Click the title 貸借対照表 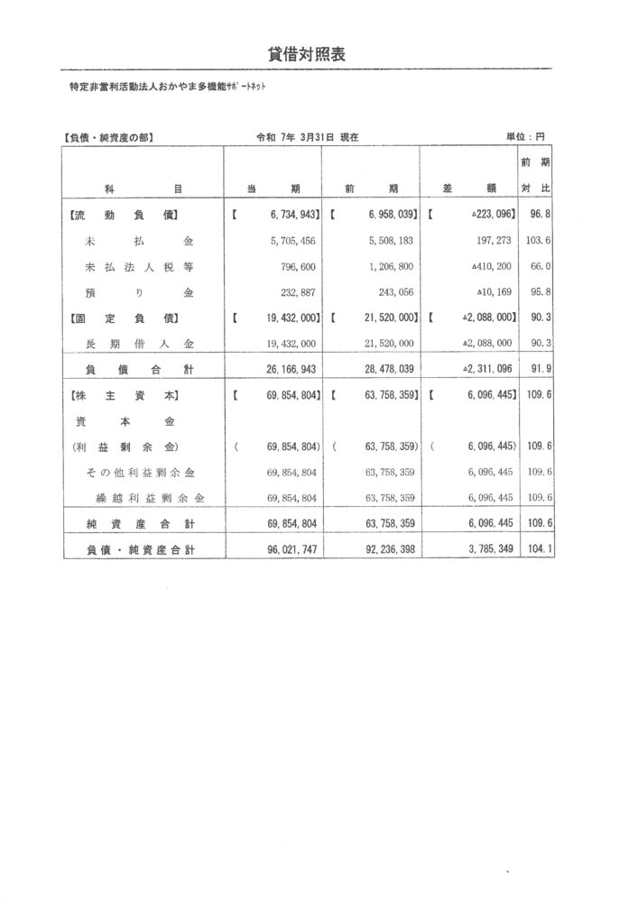coord(307,54)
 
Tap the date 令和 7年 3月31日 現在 coord(308,138)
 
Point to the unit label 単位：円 coord(526,138)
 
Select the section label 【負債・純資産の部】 coord(108,138)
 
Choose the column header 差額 coord(470,189)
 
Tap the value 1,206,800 coord(391,267)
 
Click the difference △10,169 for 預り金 coord(492,293)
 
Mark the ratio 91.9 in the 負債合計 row coord(539,369)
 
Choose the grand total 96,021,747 coord(285,548)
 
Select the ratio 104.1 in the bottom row coord(538,548)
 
